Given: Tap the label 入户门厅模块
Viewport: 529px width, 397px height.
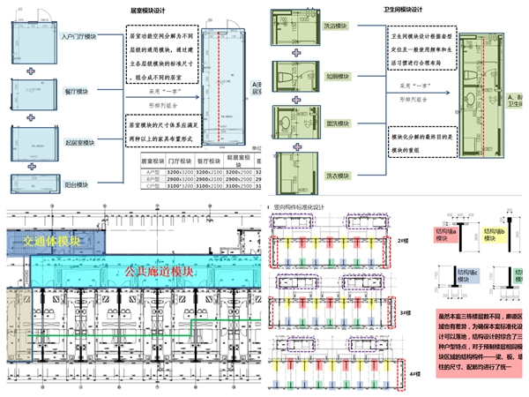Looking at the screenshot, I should click(x=79, y=38).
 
